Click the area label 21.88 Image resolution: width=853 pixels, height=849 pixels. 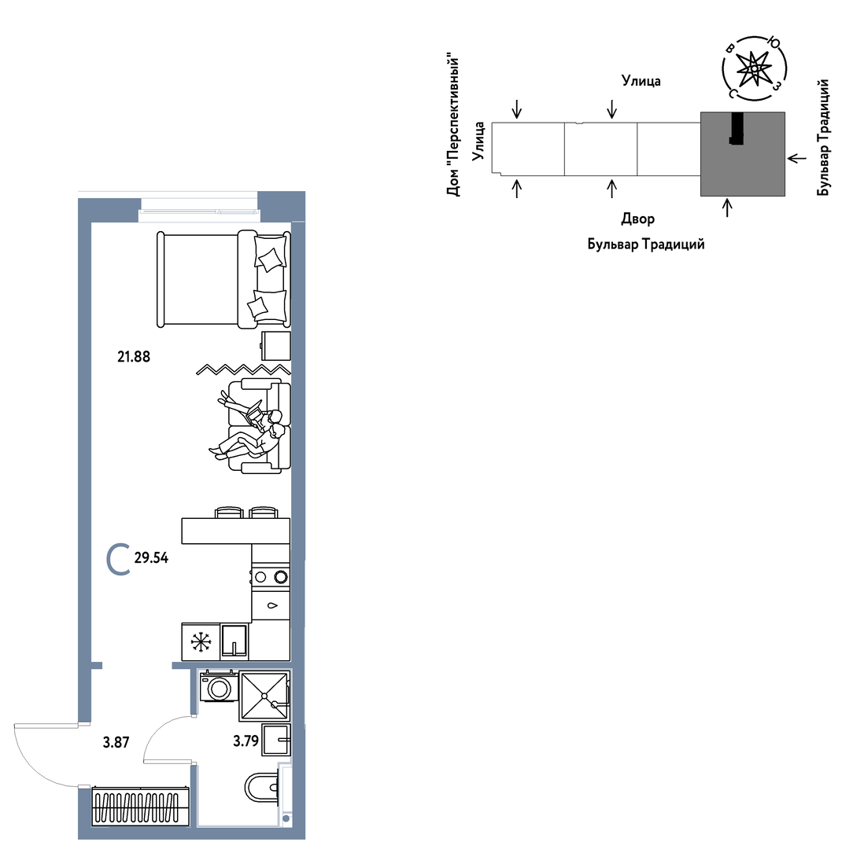pos(134,357)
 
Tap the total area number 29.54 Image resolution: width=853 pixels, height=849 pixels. pos(151,557)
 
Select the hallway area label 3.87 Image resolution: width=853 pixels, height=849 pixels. pos(116,742)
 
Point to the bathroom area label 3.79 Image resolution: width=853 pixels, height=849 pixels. pos(246,741)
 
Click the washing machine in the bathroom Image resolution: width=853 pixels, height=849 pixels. pos(220,686)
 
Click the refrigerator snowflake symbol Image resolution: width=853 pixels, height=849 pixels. pos(201,642)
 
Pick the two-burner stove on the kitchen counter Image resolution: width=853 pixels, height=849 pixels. pos(271,577)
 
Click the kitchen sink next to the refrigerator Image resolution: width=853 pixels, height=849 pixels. pos(234,641)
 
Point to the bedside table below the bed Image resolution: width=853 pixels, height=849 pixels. pos(276,346)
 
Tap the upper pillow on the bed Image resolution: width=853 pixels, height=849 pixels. pos(271,259)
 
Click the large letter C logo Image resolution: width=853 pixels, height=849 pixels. pos(118,559)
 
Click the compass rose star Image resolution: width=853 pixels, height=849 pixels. pos(754,68)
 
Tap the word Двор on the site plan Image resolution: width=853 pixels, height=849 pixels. pos(638,219)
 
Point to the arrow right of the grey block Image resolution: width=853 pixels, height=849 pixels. pos(797,158)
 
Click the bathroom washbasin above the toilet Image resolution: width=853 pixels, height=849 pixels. pos(276,739)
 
